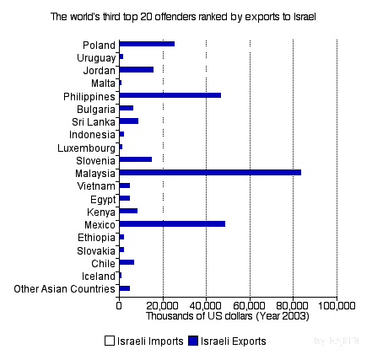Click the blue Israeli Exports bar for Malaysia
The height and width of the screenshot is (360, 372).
(x=210, y=172)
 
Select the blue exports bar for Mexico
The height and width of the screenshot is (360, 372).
(x=172, y=224)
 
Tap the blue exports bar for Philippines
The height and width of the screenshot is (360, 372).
(x=170, y=95)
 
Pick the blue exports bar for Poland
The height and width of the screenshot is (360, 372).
(x=147, y=43)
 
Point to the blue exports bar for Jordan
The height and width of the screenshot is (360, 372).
(x=136, y=69)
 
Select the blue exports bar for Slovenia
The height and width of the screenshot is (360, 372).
(x=135, y=159)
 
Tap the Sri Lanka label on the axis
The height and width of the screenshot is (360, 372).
(x=94, y=122)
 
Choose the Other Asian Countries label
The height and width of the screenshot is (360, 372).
(x=65, y=289)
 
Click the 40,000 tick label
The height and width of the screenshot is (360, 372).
(x=206, y=306)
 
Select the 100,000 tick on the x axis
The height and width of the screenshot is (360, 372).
(x=336, y=306)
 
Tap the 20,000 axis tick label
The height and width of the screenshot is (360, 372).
(x=163, y=306)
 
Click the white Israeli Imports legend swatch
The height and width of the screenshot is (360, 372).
(x=110, y=341)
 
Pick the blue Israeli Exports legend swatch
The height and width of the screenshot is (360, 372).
(x=193, y=341)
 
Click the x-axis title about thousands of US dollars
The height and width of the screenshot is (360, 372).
(x=227, y=316)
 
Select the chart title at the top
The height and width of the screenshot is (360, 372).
(x=186, y=16)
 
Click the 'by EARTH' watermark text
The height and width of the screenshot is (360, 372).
(x=342, y=341)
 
